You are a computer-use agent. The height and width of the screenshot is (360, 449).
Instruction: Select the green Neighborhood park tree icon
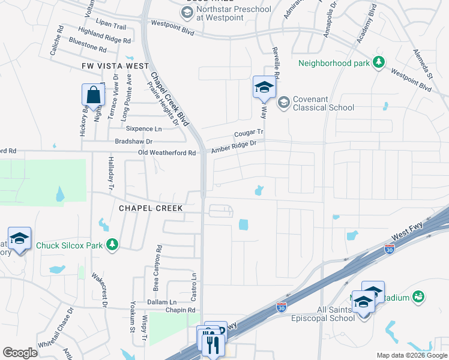pos(378,62)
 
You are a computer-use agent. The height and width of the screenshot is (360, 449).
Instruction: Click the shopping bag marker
pos(93,95)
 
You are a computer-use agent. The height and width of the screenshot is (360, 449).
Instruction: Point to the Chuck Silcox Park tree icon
pos(112,244)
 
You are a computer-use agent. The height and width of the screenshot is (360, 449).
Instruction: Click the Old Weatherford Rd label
pos(167,153)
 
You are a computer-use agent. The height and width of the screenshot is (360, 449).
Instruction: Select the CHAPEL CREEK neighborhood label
pos(151,208)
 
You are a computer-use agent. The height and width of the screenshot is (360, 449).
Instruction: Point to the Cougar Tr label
pos(249,133)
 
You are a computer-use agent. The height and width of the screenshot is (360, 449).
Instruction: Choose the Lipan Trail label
pos(111,26)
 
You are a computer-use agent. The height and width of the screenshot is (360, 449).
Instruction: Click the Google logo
pos(20,353)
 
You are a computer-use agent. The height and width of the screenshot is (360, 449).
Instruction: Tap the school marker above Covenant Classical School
pos(264,88)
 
